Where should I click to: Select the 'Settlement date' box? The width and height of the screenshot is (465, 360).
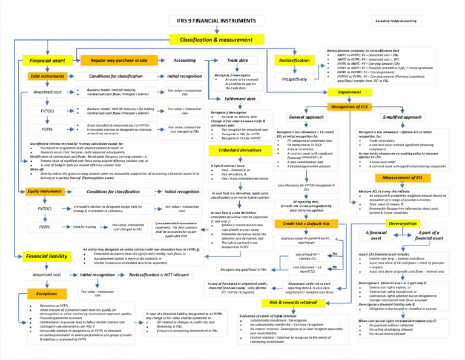(240, 99)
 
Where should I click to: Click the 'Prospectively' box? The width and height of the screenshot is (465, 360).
(295, 79)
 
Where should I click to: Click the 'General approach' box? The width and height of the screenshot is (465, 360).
(306, 117)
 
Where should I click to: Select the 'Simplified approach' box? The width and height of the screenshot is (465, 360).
(402, 117)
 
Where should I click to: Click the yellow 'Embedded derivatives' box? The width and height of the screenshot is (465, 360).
(240, 150)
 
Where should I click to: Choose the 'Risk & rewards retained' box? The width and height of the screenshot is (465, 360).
(293, 302)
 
